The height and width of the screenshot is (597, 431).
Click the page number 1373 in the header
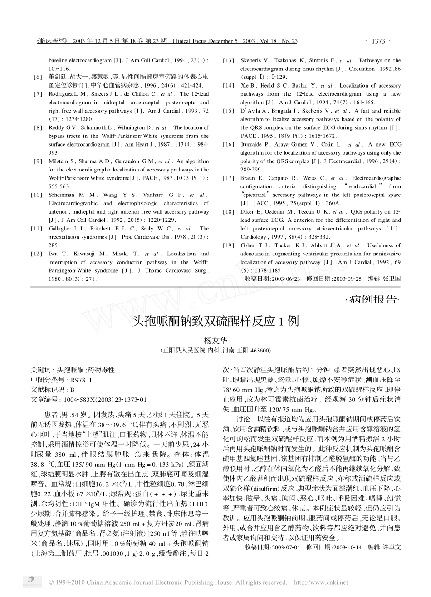click(378, 41)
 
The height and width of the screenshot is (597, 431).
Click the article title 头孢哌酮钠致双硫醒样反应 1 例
click(215, 322)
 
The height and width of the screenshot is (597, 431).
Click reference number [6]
click(38, 77)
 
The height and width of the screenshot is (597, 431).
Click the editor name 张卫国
click(392, 279)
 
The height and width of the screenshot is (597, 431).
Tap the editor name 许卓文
click(392, 548)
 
